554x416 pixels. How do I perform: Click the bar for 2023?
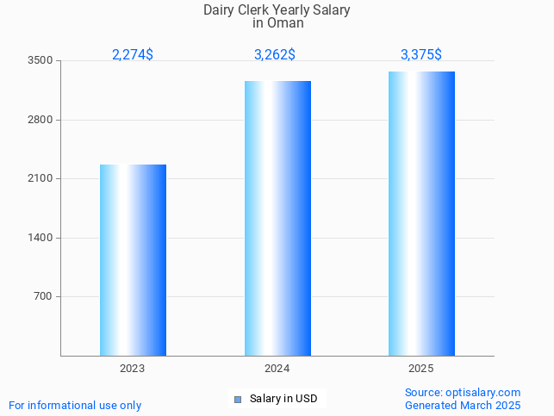tap(133, 260)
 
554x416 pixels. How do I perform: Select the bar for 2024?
tap(277, 218)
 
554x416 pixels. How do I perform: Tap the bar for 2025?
tap(421, 214)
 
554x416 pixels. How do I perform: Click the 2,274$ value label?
tap(133, 55)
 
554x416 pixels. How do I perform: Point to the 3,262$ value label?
tap(275, 55)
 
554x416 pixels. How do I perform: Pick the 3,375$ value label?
tap(421, 55)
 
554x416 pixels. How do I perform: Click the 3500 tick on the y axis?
tap(40, 61)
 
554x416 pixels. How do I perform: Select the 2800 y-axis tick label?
tap(40, 120)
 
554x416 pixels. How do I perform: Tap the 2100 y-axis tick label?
tap(40, 179)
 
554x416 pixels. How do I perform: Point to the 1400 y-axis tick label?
tap(40, 238)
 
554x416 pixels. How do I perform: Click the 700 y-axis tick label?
tap(43, 297)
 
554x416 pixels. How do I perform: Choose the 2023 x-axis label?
tap(133, 369)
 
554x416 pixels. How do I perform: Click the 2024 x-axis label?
tap(277, 369)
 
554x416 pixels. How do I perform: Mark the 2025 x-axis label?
tap(421, 369)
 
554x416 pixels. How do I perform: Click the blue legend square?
tap(238, 400)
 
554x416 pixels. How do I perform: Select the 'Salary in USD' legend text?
tap(283, 399)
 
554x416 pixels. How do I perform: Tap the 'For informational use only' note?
tap(75, 406)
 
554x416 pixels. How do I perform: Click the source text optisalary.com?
tap(463, 393)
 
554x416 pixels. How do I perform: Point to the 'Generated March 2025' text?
tap(463, 406)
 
